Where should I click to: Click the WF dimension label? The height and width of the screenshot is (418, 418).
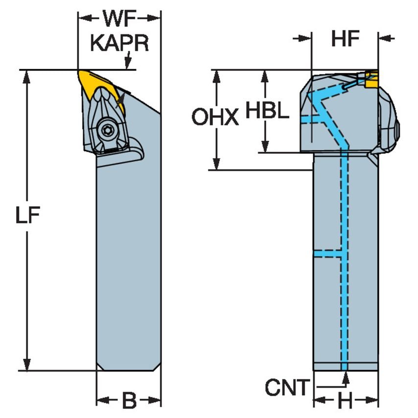point(119,20)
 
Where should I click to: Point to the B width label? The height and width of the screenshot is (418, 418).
point(129,401)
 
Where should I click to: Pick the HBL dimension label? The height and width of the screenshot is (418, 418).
point(267,111)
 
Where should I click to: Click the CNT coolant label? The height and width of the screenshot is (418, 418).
point(288,388)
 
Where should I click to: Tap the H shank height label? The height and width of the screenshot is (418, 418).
point(346,402)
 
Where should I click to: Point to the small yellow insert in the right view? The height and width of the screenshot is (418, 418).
point(371,79)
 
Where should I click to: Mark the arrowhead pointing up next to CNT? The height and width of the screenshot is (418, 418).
point(346,377)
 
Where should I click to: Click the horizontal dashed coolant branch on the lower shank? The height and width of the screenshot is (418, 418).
point(327,254)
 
